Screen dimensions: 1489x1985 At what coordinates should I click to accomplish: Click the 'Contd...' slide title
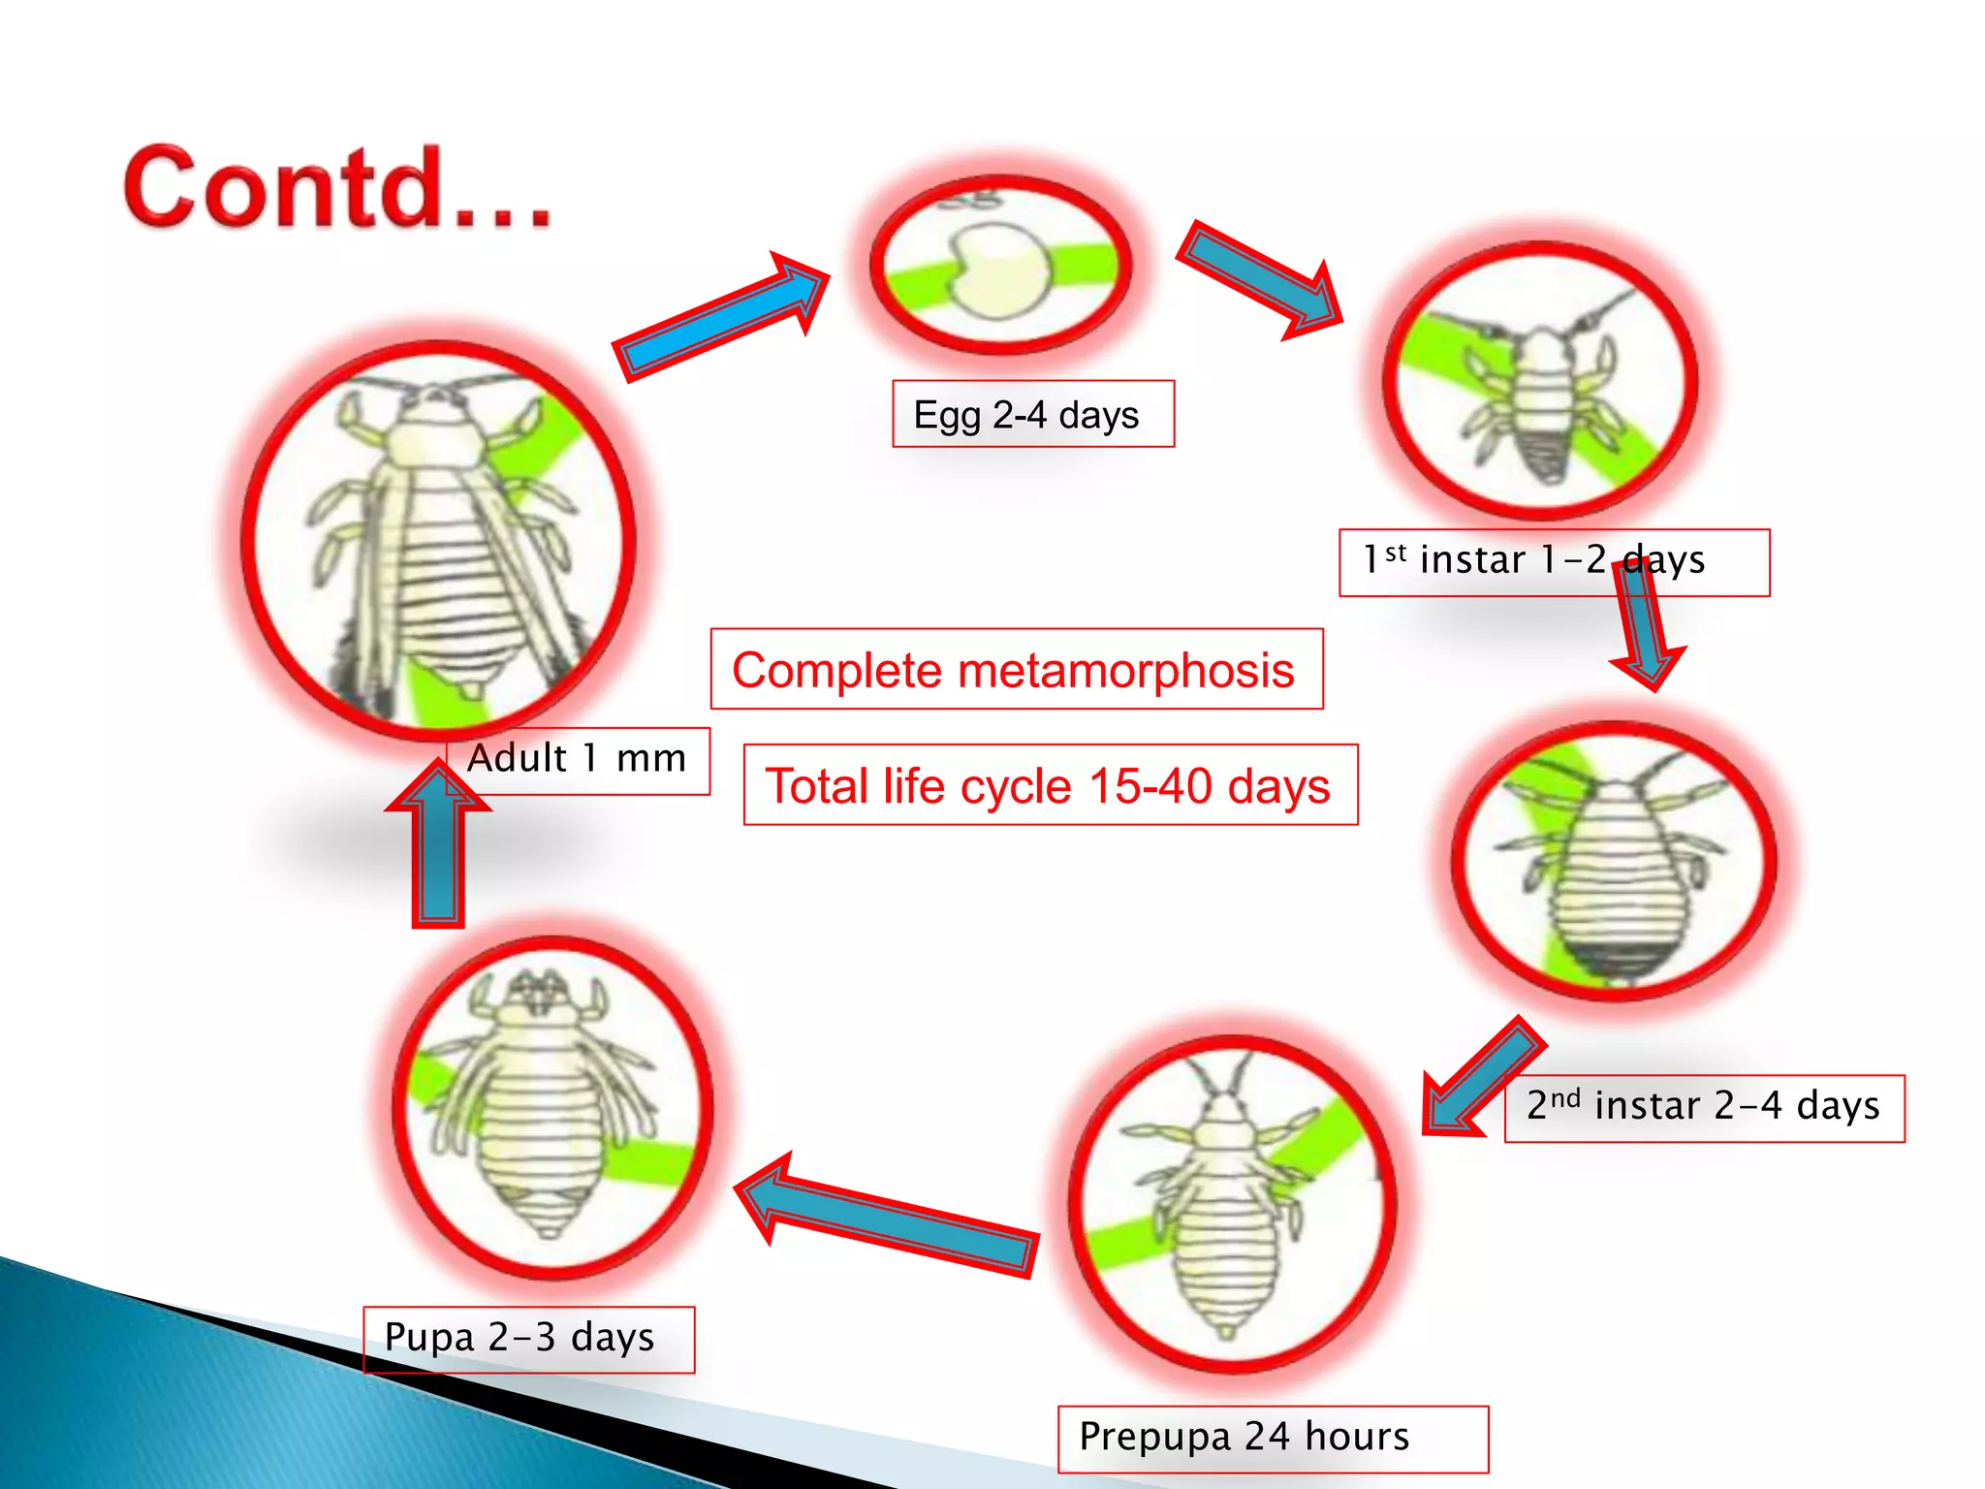337,188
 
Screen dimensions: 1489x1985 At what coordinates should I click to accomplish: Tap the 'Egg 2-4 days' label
1031,415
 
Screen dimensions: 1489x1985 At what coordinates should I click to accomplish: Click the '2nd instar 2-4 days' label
1703,1107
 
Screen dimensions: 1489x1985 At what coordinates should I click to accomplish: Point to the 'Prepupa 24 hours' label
1245,1438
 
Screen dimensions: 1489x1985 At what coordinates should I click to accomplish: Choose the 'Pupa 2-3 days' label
520,1338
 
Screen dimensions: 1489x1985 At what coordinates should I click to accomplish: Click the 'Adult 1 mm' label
578,759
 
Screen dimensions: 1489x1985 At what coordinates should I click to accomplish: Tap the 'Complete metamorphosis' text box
1015,670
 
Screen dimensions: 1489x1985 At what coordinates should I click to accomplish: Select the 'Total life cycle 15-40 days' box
1049,785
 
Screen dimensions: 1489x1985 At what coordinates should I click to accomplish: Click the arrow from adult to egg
722,316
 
